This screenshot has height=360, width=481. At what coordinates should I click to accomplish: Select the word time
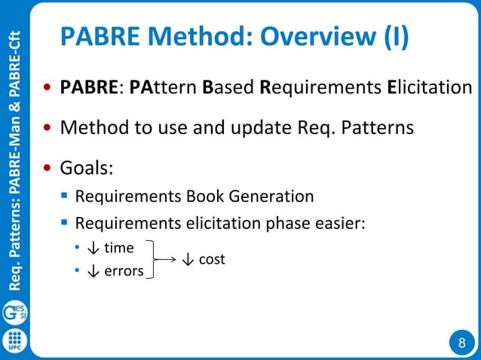point(119,248)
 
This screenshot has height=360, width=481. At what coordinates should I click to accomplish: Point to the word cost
point(211,259)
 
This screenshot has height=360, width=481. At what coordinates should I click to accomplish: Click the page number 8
point(461,343)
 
